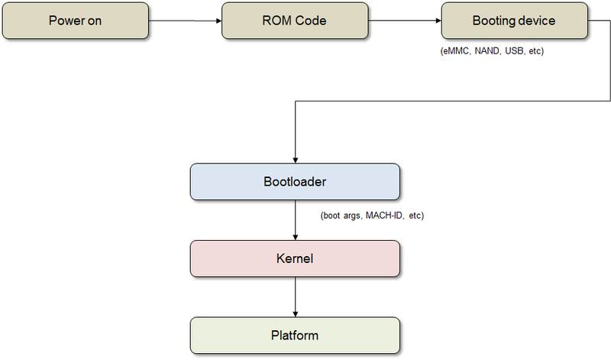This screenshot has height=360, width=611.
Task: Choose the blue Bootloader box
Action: click(x=296, y=182)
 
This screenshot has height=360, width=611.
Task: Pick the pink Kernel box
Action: click(x=296, y=259)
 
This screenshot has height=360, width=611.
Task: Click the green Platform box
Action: click(x=296, y=336)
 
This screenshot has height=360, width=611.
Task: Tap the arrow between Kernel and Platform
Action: click(x=296, y=297)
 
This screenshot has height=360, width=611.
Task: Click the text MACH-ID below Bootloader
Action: click(x=385, y=216)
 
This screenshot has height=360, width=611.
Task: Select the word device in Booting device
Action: click(x=538, y=21)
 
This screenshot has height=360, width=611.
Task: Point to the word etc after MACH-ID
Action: click(x=416, y=216)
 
